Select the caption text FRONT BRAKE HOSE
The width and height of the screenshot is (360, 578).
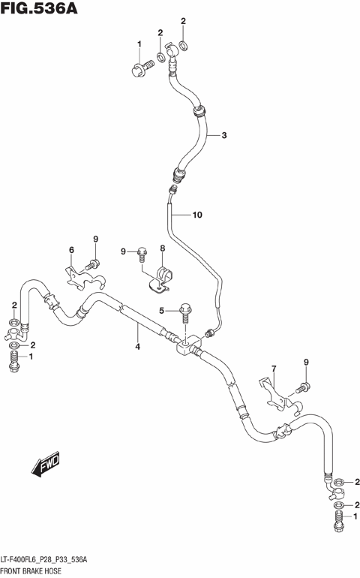point(35,570)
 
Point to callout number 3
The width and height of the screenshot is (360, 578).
point(223,136)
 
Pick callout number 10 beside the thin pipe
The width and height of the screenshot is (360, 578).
point(196,215)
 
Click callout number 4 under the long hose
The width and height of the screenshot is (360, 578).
point(137,346)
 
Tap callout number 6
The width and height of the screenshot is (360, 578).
point(71,250)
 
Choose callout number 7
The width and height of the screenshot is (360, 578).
point(274,369)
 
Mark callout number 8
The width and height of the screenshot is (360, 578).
point(161,248)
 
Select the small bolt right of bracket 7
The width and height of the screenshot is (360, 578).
point(303,387)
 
